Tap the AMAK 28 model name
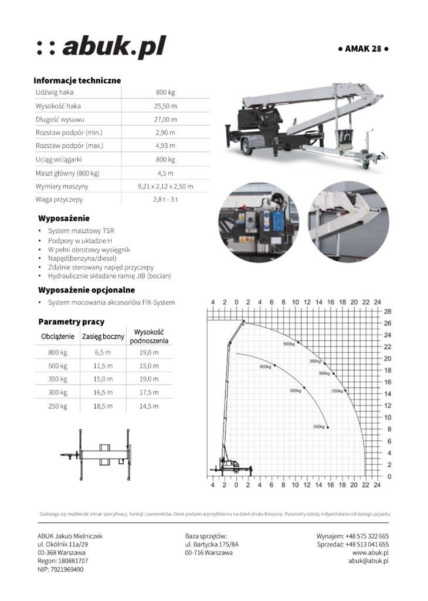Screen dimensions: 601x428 364,49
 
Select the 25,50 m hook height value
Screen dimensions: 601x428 165,106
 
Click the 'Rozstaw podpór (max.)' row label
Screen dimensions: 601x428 69,146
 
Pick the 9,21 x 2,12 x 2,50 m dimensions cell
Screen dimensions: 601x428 165,186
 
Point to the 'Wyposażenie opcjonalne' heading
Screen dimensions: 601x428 86,290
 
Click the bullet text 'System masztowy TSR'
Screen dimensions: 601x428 81,231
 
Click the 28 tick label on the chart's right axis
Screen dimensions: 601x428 388,311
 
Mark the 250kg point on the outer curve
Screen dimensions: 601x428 345,390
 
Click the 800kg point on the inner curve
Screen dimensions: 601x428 274,366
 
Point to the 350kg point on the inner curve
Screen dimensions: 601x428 327,427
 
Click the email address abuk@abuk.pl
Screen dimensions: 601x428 368,561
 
